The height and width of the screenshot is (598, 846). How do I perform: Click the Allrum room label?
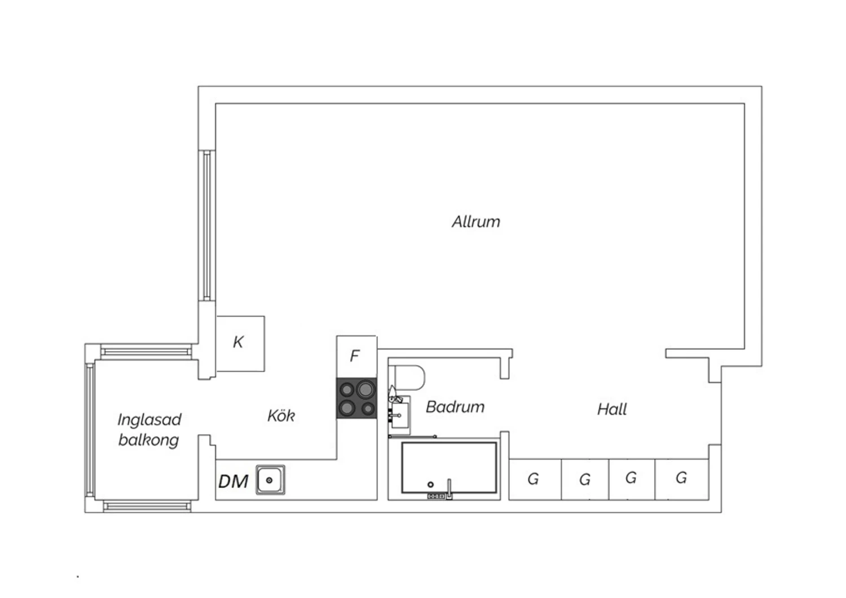pyautogui.click(x=476, y=222)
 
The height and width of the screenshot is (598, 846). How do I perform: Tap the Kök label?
pyautogui.click(x=281, y=416)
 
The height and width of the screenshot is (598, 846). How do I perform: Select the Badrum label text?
pyautogui.click(x=455, y=407)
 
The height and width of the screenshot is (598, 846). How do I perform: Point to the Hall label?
pyautogui.click(x=612, y=409)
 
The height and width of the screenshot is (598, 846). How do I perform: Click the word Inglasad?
pyautogui.click(x=149, y=420)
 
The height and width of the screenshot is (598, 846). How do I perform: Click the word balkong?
pyautogui.click(x=149, y=440)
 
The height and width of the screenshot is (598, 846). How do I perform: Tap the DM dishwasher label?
pyautogui.click(x=233, y=482)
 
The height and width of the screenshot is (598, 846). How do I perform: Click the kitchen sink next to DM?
pyautogui.click(x=270, y=480)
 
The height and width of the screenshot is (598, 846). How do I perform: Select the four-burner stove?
pyautogui.click(x=356, y=398)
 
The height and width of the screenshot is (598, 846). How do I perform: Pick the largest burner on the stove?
pyautogui.click(x=365, y=389)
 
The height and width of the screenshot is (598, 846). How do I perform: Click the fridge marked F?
pyautogui.click(x=356, y=357)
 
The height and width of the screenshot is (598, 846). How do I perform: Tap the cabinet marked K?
pyautogui.click(x=240, y=344)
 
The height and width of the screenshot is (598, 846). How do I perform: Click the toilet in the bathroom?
pyautogui.click(x=407, y=377)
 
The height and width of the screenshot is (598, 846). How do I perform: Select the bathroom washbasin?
pyautogui.click(x=399, y=415)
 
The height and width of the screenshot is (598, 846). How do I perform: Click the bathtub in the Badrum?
pyautogui.click(x=449, y=468)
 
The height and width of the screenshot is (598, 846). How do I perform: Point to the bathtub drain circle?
pyautogui.click(x=430, y=484)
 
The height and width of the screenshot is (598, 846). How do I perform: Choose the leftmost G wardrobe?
pyautogui.click(x=535, y=480)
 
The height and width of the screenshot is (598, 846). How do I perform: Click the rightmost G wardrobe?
pyautogui.click(x=682, y=480)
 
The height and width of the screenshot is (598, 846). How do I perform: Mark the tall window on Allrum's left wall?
pyautogui.click(x=207, y=226)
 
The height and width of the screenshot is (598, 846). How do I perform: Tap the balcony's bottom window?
pyautogui.click(x=147, y=506)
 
